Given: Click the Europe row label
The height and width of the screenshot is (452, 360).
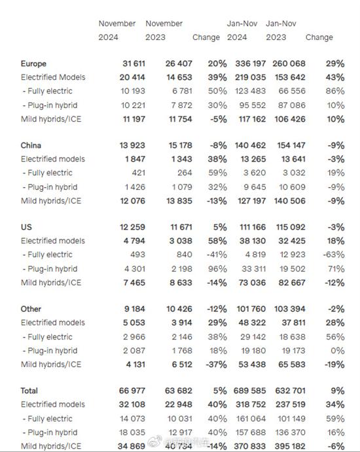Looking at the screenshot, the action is (33, 63).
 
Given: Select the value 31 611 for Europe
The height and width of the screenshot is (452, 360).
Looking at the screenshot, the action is (134, 63).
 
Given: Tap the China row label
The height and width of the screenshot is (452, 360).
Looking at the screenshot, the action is (31, 145).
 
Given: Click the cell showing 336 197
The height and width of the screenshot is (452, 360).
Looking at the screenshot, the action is (251, 63).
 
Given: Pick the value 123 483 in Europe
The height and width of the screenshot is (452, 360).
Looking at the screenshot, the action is (251, 91).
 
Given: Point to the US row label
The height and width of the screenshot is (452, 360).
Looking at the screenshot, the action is (26, 227).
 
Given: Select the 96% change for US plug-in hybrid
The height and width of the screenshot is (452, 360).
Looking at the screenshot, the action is (217, 269).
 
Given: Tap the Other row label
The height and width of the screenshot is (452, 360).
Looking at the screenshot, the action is (31, 309).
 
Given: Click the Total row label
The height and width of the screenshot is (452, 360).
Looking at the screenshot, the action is (29, 391).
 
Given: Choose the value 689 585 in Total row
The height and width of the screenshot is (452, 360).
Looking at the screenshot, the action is (250, 391).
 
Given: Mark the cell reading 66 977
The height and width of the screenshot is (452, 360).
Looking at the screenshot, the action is (132, 391).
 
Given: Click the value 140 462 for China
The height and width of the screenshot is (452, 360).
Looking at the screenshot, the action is (251, 145).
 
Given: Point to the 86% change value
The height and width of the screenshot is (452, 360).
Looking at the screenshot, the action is (335, 91).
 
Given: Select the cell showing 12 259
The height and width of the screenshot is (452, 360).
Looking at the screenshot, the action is (132, 227).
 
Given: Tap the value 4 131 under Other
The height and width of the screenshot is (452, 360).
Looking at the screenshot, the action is (135, 364).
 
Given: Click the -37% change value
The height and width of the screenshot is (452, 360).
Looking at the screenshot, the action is (217, 364).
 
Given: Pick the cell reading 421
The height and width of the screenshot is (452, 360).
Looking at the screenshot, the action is (139, 173).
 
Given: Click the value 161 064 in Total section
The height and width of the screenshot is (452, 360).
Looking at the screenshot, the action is (251, 419).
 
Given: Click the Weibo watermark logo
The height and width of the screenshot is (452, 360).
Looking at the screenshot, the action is (153, 442).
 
